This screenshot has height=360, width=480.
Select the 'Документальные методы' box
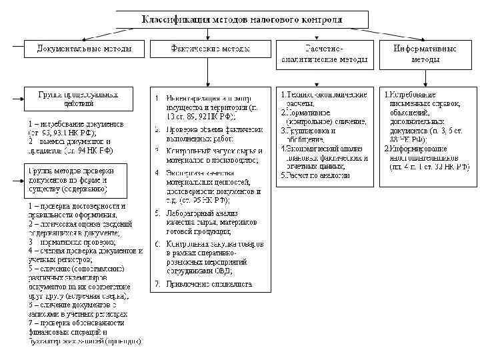[84, 49]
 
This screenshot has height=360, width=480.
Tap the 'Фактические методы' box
[210, 49]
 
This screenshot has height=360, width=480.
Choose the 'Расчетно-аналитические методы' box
[325, 54]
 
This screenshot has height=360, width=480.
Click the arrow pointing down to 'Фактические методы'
[209, 35]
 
